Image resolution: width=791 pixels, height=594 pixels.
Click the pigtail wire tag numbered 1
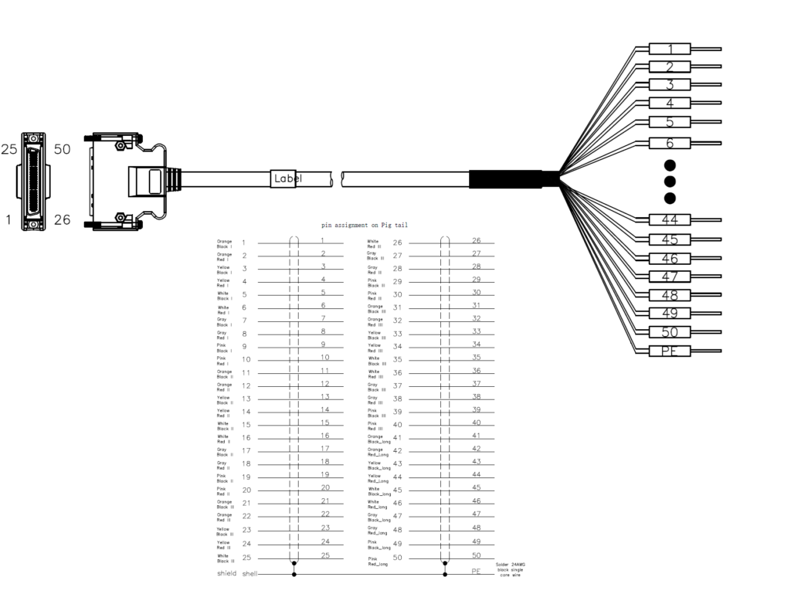670,49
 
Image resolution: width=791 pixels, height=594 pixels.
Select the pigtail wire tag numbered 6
670,143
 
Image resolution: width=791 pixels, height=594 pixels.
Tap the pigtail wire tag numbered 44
670,220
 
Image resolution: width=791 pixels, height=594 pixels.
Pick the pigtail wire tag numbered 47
670,277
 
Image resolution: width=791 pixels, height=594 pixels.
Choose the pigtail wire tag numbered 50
670,333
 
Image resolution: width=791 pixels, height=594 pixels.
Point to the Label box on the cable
286,178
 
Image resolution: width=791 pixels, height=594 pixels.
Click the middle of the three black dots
670,182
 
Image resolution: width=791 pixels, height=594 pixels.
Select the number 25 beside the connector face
8,150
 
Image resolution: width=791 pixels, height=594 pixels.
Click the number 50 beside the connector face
62,150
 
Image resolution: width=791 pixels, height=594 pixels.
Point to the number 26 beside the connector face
62,220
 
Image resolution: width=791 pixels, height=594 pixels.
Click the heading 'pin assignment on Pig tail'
365,225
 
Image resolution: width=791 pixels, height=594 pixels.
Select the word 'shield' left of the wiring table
228,573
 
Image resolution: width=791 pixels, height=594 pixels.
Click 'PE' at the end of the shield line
477,573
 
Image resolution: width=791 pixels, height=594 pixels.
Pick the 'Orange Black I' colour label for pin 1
225,244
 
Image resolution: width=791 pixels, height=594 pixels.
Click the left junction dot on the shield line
294,574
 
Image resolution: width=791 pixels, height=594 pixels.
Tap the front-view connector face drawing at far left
33,182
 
